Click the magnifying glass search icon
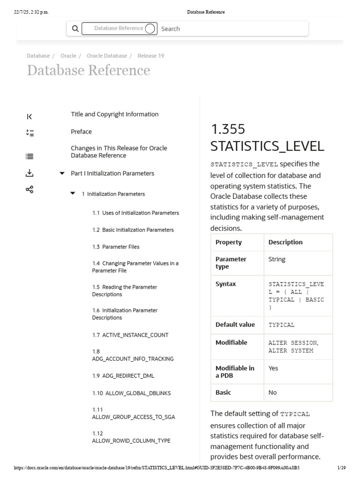coord(75,29)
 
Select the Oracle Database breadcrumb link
coord(107,56)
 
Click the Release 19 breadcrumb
coord(151,56)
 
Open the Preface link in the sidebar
coord(82,132)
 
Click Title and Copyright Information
coord(115,114)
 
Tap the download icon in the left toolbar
coord(30,173)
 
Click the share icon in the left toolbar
coord(30,189)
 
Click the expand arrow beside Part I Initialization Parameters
coord(62,173)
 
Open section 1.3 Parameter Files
coord(116,247)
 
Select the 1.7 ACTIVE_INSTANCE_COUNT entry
coord(130,335)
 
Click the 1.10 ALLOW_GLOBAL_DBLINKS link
coord(131,393)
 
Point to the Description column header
coord(285,242)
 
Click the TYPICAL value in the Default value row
coord(281,325)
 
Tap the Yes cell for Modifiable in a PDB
coord(273,368)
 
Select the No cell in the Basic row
coord(273,393)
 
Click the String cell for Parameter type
coord(277,259)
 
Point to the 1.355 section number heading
coord(228,129)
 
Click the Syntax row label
coord(226,284)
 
